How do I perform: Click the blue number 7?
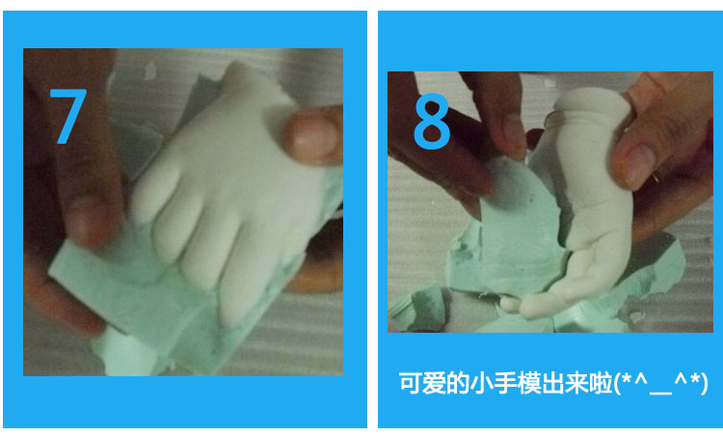(68, 116)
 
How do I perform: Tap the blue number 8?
(432, 122)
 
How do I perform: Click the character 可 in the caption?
(410, 383)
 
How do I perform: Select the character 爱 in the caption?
(434, 383)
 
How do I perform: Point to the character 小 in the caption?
(481, 383)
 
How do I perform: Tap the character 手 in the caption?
(505, 383)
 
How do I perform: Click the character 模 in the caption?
(529, 383)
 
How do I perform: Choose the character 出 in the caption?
(553, 383)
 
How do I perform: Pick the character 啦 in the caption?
(602, 383)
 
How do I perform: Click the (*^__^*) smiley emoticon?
(661, 384)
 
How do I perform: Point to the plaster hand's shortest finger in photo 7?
(154, 194)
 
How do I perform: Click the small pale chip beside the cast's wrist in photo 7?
(150, 70)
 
